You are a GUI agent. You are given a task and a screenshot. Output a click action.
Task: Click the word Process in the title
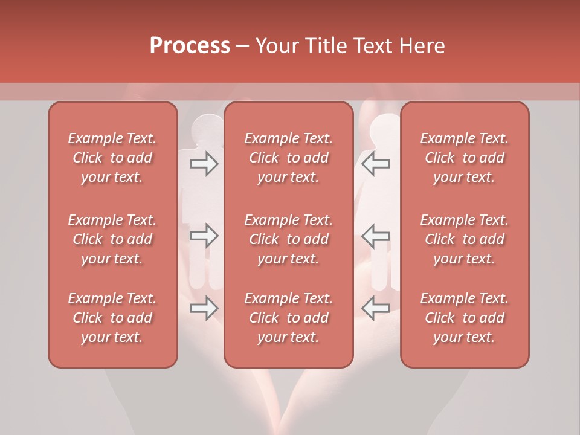(x=190, y=46)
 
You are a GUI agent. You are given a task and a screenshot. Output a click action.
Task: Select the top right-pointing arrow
(x=204, y=164)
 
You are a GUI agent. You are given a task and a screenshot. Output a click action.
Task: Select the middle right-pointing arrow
(x=204, y=236)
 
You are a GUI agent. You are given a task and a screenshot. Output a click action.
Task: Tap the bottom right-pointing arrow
(x=204, y=308)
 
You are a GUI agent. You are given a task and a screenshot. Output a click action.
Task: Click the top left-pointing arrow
(x=376, y=164)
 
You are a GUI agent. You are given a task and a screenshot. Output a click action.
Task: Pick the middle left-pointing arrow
(x=376, y=236)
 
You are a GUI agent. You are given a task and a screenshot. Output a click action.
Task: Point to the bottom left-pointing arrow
(x=376, y=308)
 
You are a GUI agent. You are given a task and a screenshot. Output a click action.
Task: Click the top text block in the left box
(x=112, y=158)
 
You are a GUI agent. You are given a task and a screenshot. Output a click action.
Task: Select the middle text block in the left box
(x=112, y=239)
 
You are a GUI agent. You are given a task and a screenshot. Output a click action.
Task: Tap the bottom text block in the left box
(x=112, y=318)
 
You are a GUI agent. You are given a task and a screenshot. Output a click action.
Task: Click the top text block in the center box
(x=289, y=158)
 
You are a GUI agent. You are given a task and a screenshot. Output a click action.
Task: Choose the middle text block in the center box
(x=289, y=239)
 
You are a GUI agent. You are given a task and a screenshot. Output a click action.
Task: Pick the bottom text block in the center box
(x=289, y=318)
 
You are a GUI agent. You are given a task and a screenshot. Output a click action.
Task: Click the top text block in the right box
(x=465, y=158)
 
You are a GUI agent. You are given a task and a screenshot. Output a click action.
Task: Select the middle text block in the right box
(x=465, y=239)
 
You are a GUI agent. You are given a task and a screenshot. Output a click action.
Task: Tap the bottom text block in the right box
(x=465, y=318)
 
